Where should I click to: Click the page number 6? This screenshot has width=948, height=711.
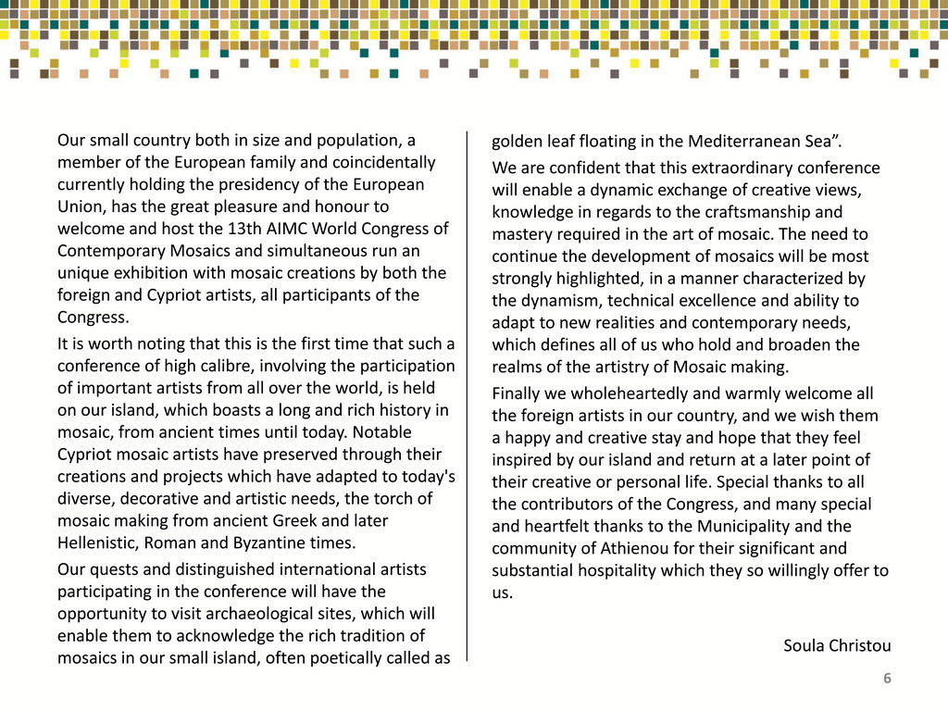pos(887,680)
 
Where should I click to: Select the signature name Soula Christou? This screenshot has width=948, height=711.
pos(837,644)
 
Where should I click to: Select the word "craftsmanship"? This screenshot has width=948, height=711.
pos(752,212)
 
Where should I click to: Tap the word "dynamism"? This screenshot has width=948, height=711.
pos(556,301)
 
